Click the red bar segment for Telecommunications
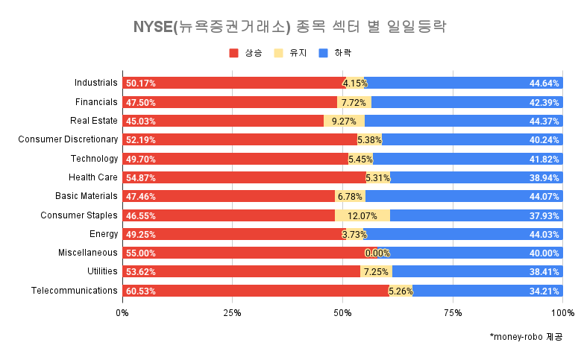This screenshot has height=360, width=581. pyautogui.click(x=254, y=291)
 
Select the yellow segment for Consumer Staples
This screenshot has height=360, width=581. pyautogui.click(x=362, y=215)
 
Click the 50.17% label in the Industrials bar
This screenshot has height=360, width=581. pyautogui.click(x=141, y=83)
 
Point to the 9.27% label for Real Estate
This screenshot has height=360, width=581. pyautogui.click(x=345, y=121)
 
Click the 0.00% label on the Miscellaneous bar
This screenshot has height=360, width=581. pyautogui.click(x=377, y=253)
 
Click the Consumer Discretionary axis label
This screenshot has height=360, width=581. pyautogui.click(x=68, y=139)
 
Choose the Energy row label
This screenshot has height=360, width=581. pyautogui.click(x=104, y=234)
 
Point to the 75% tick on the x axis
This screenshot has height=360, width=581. pyautogui.click(x=453, y=312)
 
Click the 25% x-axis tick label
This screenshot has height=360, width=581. pyautogui.click(x=232, y=312)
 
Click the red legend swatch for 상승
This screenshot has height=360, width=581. pyautogui.click(x=234, y=54)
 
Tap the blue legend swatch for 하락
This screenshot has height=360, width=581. pyautogui.click(x=323, y=54)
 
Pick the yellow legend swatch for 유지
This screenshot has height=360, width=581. pyautogui.click(x=279, y=54)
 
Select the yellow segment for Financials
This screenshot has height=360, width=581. pyautogui.click(x=354, y=102)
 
